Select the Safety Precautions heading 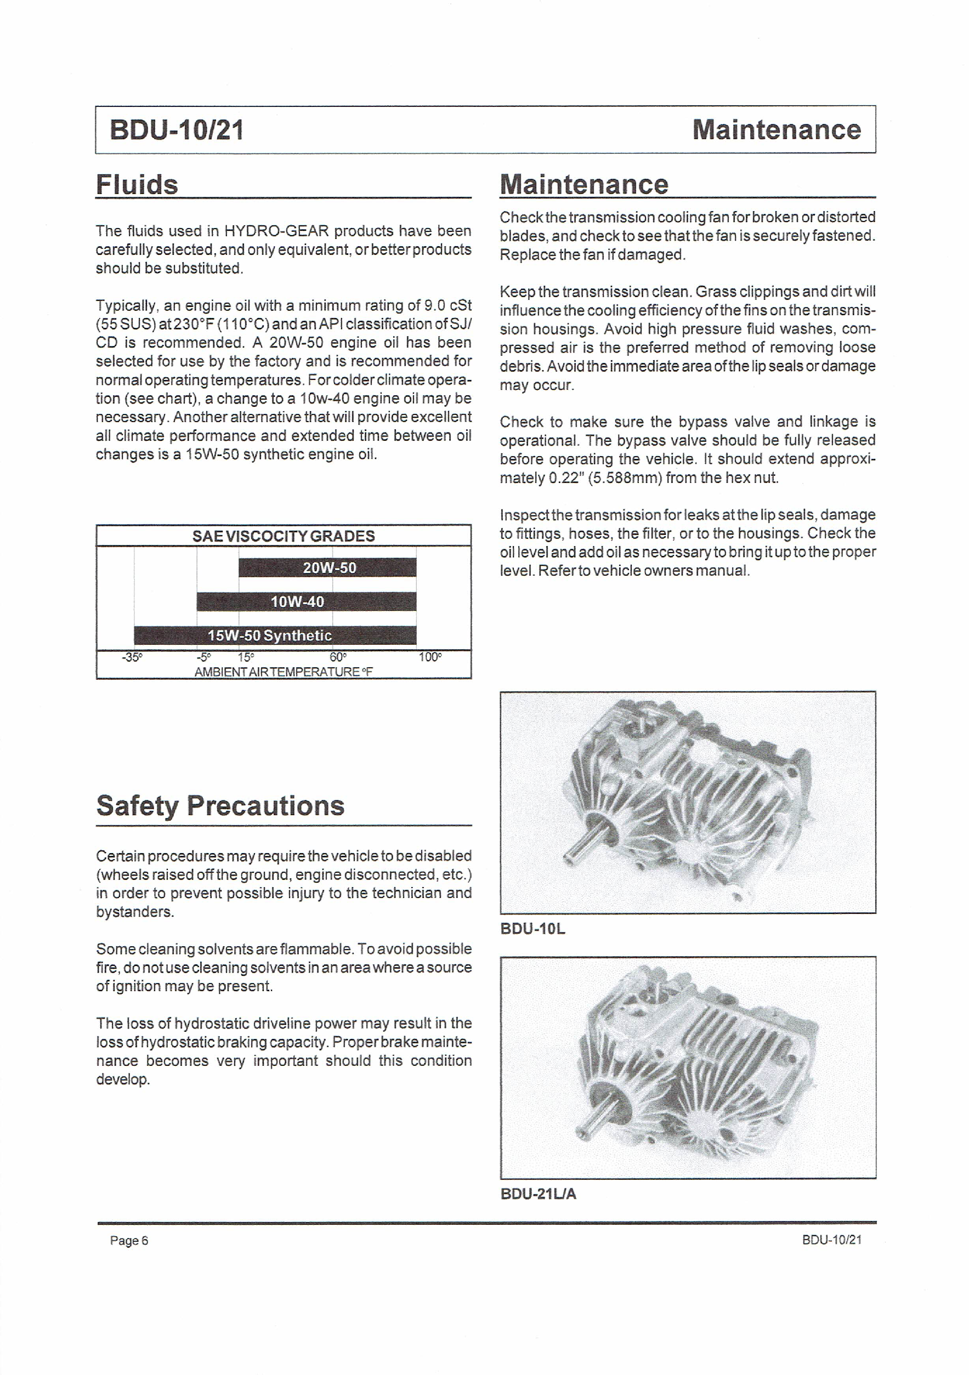pyautogui.click(x=220, y=805)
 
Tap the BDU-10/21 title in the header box pyautogui.click(x=177, y=130)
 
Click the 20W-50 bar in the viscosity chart pyautogui.click(x=327, y=567)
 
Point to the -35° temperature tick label pyautogui.click(x=132, y=657)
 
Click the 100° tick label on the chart pyautogui.click(x=430, y=657)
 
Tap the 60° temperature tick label pyautogui.click(x=338, y=657)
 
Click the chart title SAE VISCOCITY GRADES pyautogui.click(x=284, y=536)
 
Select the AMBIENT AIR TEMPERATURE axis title pyautogui.click(x=284, y=672)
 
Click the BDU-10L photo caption pyautogui.click(x=532, y=929)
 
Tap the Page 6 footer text pyautogui.click(x=129, y=1240)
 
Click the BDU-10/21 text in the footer pyautogui.click(x=831, y=1240)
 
